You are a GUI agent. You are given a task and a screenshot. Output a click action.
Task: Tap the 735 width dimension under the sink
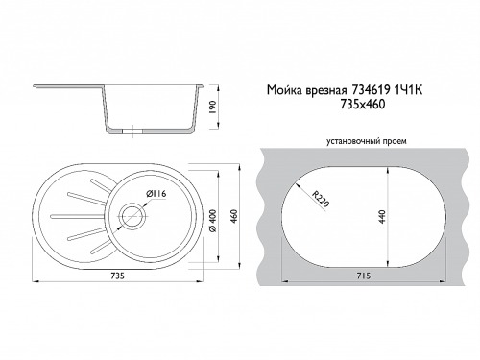coord(118,276)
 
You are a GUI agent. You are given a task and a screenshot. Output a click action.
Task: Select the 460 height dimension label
coord(234,216)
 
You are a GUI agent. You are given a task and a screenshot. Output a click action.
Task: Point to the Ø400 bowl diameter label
coord(213,221)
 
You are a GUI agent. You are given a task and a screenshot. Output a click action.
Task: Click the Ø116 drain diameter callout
coord(156,194)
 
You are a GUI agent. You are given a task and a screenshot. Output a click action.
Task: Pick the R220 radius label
coord(321,199)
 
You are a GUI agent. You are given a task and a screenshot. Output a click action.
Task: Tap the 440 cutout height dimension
coord(382,216)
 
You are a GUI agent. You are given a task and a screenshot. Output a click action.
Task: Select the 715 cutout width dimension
coord(364,276)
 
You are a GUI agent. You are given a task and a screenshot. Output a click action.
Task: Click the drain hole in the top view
coord(132,216)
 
